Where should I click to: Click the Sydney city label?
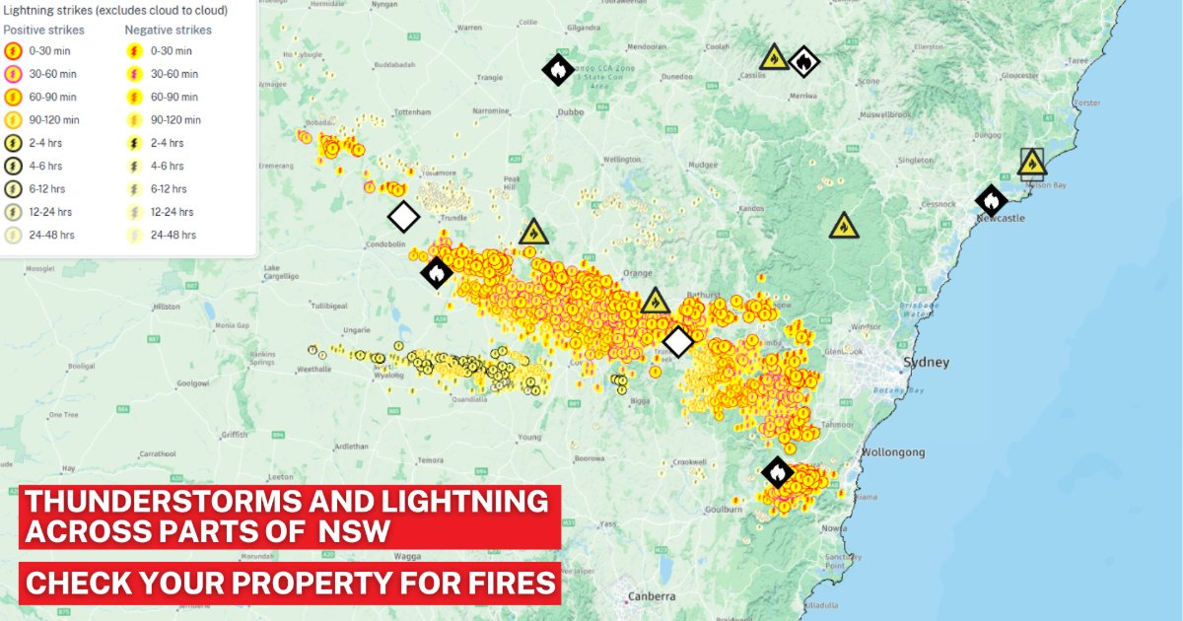(x=926, y=363)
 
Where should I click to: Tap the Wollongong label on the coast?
(x=893, y=452)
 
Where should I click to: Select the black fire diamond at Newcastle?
(x=991, y=200)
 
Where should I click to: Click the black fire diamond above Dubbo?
(x=558, y=69)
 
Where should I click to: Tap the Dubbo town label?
(x=570, y=112)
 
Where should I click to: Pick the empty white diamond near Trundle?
(x=403, y=217)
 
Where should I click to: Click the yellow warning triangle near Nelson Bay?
(x=1031, y=163)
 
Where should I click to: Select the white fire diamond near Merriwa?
(x=804, y=62)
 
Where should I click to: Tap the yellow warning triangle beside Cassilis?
(x=775, y=57)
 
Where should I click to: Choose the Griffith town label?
(x=235, y=434)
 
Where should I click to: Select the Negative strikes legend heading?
(x=168, y=30)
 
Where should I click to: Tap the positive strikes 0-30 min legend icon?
(x=14, y=50)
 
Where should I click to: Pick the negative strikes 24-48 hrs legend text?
(x=174, y=236)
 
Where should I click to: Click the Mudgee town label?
(x=703, y=165)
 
